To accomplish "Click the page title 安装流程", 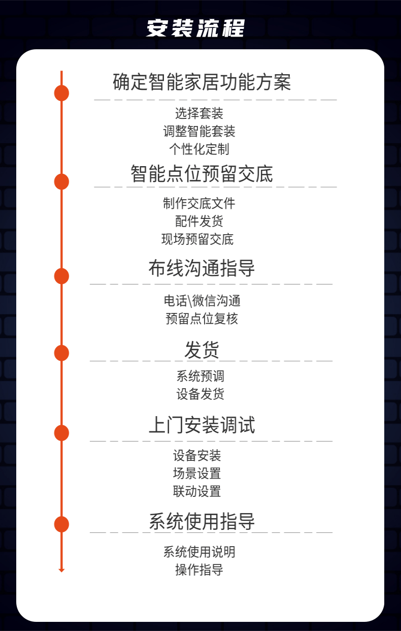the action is pos(195,28).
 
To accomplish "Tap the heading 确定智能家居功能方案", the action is pos(202,82).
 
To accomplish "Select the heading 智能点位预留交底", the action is pos(202,174).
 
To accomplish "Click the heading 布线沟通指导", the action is pos(202,268).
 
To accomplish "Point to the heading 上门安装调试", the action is pos(202,425).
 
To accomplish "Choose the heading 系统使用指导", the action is pos(202,521).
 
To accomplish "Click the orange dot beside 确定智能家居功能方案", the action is pos(61,93).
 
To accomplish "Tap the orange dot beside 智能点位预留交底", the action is pos(61,181).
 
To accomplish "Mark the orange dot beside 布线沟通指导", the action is pos(61,276).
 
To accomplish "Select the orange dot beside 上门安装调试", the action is pos(61,433).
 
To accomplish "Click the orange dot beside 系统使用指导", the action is pos(61,524).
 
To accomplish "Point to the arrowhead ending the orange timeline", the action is pos(61,570).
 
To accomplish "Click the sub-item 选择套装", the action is pos(199,113).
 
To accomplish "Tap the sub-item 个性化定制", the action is pos(199,149).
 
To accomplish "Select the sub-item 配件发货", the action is pos(199,221).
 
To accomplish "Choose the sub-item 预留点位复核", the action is pos(202,319).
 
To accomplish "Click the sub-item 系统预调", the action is pos(200,376).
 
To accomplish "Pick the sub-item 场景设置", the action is pos(197,474).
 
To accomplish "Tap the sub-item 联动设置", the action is pos(197,491).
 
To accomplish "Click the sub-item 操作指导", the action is pos(199,570).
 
